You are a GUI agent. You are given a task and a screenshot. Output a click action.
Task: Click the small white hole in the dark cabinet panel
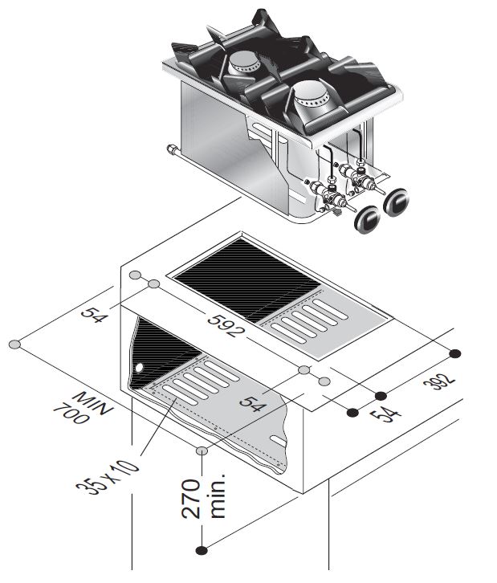coord(141,367)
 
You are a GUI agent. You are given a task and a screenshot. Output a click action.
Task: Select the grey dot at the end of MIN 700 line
coord(14,344)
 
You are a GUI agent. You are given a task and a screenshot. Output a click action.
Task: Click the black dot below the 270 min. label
coord(202,550)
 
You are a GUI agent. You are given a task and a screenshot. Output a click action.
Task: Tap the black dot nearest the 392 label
coord(455,354)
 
